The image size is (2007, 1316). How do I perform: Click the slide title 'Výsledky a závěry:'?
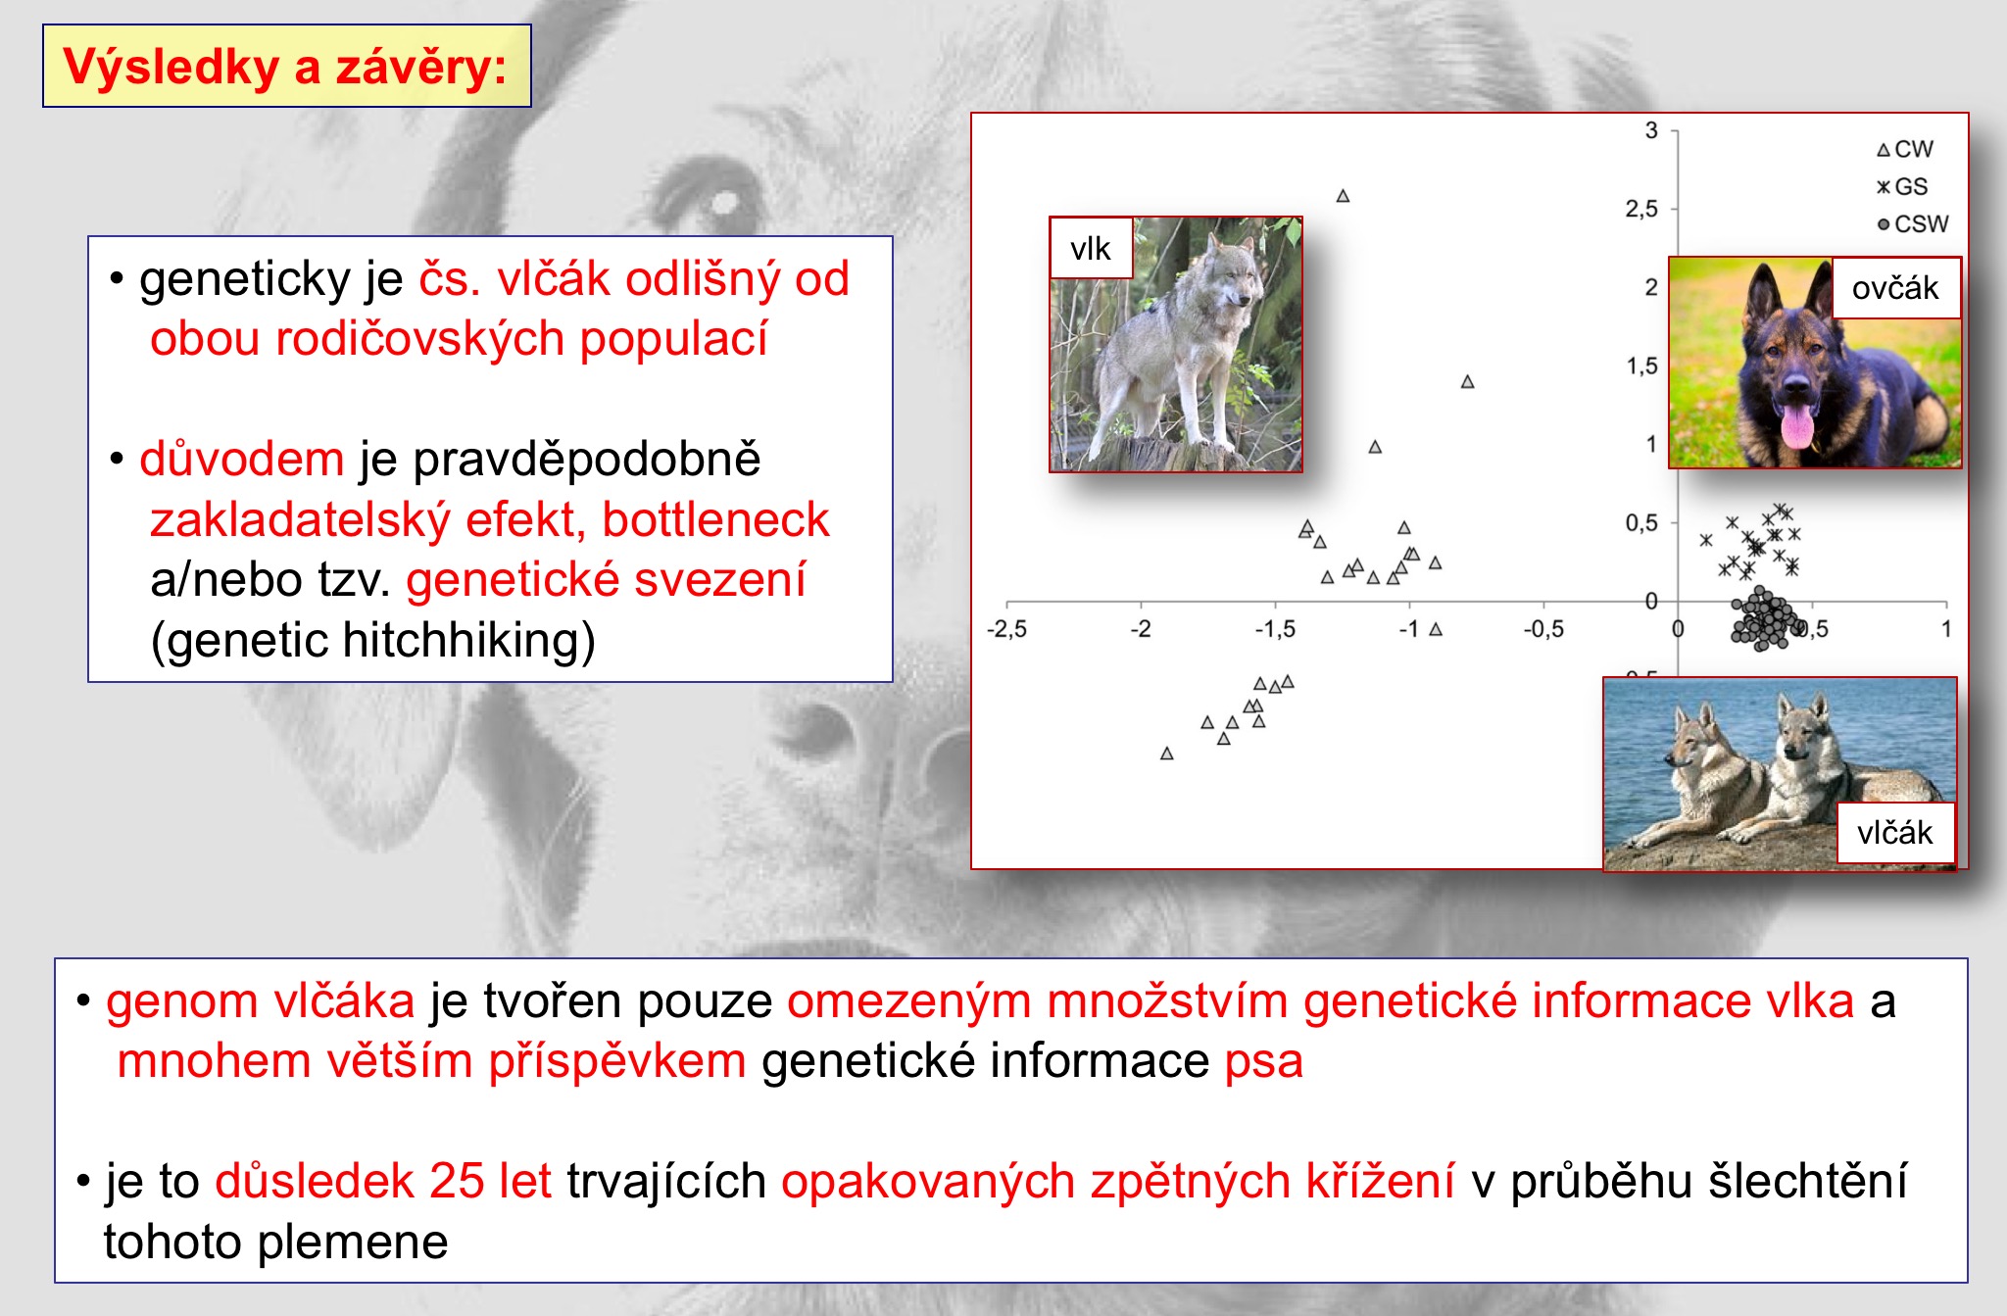(x=285, y=67)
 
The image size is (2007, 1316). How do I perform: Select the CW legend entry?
(x=1904, y=149)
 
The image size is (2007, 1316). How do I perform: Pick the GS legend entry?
(x=1902, y=186)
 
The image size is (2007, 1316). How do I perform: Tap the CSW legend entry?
(x=1913, y=223)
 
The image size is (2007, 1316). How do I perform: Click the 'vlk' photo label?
(x=1091, y=249)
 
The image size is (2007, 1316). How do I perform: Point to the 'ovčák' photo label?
(x=1895, y=288)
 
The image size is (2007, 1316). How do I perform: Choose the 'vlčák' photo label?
(x=1895, y=833)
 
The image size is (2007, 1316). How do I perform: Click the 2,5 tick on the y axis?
(x=1641, y=209)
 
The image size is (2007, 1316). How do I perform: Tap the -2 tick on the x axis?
(x=1141, y=629)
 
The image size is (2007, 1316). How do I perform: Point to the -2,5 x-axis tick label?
(x=1006, y=629)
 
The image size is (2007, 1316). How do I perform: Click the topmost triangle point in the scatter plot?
(x=1343, y=196)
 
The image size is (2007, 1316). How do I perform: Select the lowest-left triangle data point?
(x=1166, y=754)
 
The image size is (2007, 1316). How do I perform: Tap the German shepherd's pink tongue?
(x=1797, y=427)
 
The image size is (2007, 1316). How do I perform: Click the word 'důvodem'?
(x=242, y=460)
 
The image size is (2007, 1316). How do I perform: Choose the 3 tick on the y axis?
(x=1651, y=130)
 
